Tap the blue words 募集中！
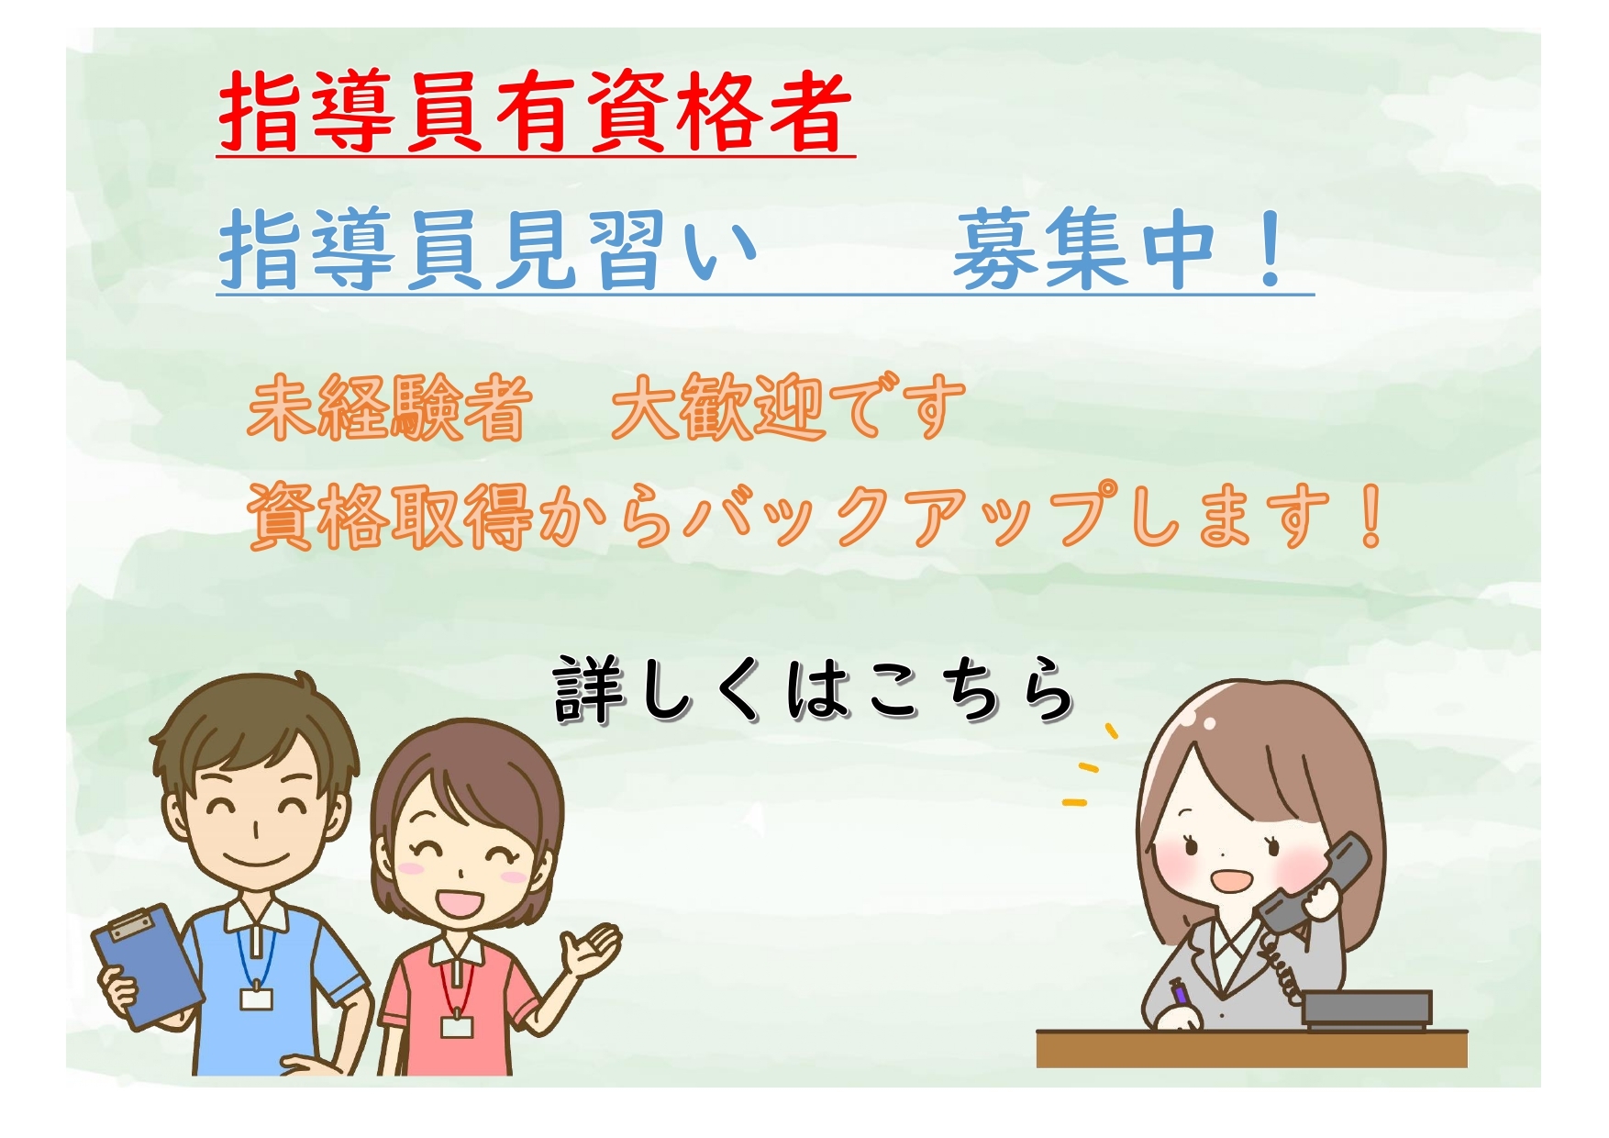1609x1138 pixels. click(1119, 249)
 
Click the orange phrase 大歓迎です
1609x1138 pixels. click(788, 407)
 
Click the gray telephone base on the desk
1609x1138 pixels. click(1367, 1010)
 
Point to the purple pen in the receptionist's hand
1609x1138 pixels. click(1179, 994)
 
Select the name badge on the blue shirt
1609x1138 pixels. click(256, 998)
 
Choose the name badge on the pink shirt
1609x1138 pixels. click(456, 1024)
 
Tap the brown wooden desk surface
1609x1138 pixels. click(1251, 1048)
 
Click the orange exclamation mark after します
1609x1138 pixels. click(1372, 516)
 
